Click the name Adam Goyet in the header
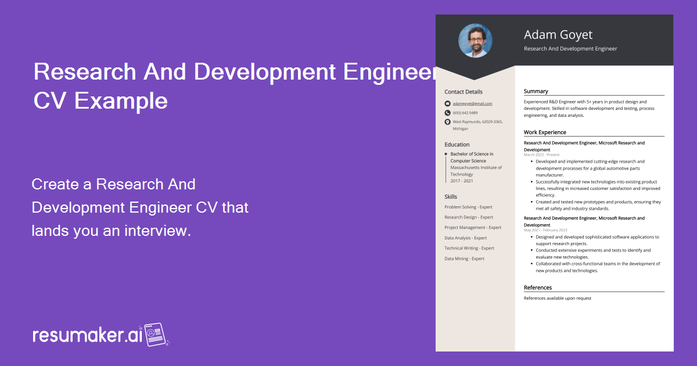click(558, 34)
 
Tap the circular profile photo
click(475, 40)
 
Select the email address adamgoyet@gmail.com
click(472, 103)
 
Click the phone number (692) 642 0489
click(465, 113)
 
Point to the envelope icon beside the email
click(447, 103)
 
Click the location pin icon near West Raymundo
click(447, 122)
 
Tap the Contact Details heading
click(463, 92)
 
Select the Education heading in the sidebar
click(457, 145)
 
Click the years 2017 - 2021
click(462, 181)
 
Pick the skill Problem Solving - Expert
click(468, 207)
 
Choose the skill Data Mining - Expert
click(464, 259)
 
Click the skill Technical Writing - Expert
click(469, 248)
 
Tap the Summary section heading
click(536, 91)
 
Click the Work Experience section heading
click(544, 132)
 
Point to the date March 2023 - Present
click(541, 155)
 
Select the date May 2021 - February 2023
click(545, 230)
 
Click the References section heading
click(537, 288)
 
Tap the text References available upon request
click(557, 298)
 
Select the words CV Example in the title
click(100, 101)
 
